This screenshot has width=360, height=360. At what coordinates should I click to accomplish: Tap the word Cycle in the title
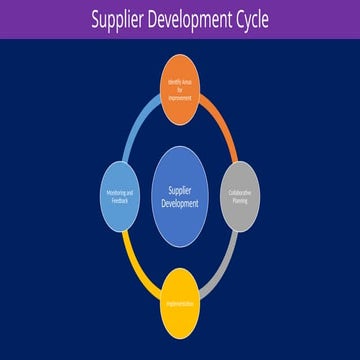click(246, 19)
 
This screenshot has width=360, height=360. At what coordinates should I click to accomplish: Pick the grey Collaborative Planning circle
click(241, 195)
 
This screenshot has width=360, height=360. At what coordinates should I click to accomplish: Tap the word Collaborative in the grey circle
click(241, 191)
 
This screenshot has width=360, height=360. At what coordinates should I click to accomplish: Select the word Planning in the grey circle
click(241, 199)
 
